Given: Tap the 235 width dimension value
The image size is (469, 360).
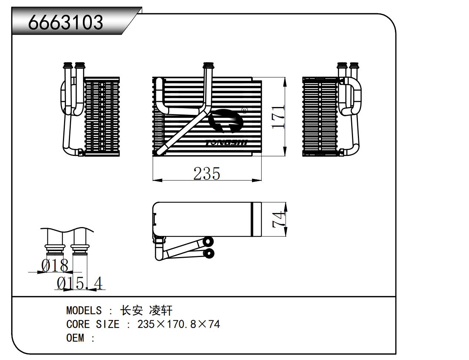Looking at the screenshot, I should tap(207, 173).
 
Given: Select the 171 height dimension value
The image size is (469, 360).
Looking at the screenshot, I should tap(278, 117).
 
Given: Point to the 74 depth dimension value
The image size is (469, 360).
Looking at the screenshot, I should tap(279, 219).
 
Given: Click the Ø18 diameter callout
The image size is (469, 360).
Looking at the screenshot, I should tap(55, 266).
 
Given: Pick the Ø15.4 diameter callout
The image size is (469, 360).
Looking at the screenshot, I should tap(79, 284).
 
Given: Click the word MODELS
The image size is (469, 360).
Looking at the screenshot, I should tap(84, 310).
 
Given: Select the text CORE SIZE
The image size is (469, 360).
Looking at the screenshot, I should tap(93, 324).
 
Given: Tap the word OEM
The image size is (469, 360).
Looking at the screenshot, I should tap(75, 338).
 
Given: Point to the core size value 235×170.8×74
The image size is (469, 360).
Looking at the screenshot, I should tap(179, 324).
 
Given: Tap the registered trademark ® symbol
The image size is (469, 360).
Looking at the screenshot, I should tap(244, 110).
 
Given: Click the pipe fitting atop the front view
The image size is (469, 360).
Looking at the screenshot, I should tap(208, 67).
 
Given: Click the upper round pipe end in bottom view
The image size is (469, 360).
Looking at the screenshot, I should tap(209, 241).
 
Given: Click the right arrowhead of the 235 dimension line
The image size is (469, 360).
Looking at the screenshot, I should tap(257, 180).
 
